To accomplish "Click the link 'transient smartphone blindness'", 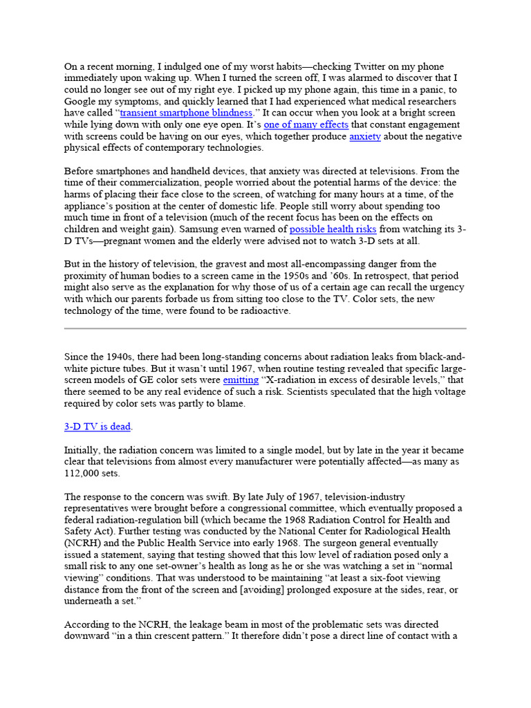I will [x=186, y=113].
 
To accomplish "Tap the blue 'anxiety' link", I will [x=365, y=136].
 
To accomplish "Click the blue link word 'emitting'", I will [x=241, y=380].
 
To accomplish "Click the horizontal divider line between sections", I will [x=265, y=328].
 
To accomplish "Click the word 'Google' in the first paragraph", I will [x=80, y=101].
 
